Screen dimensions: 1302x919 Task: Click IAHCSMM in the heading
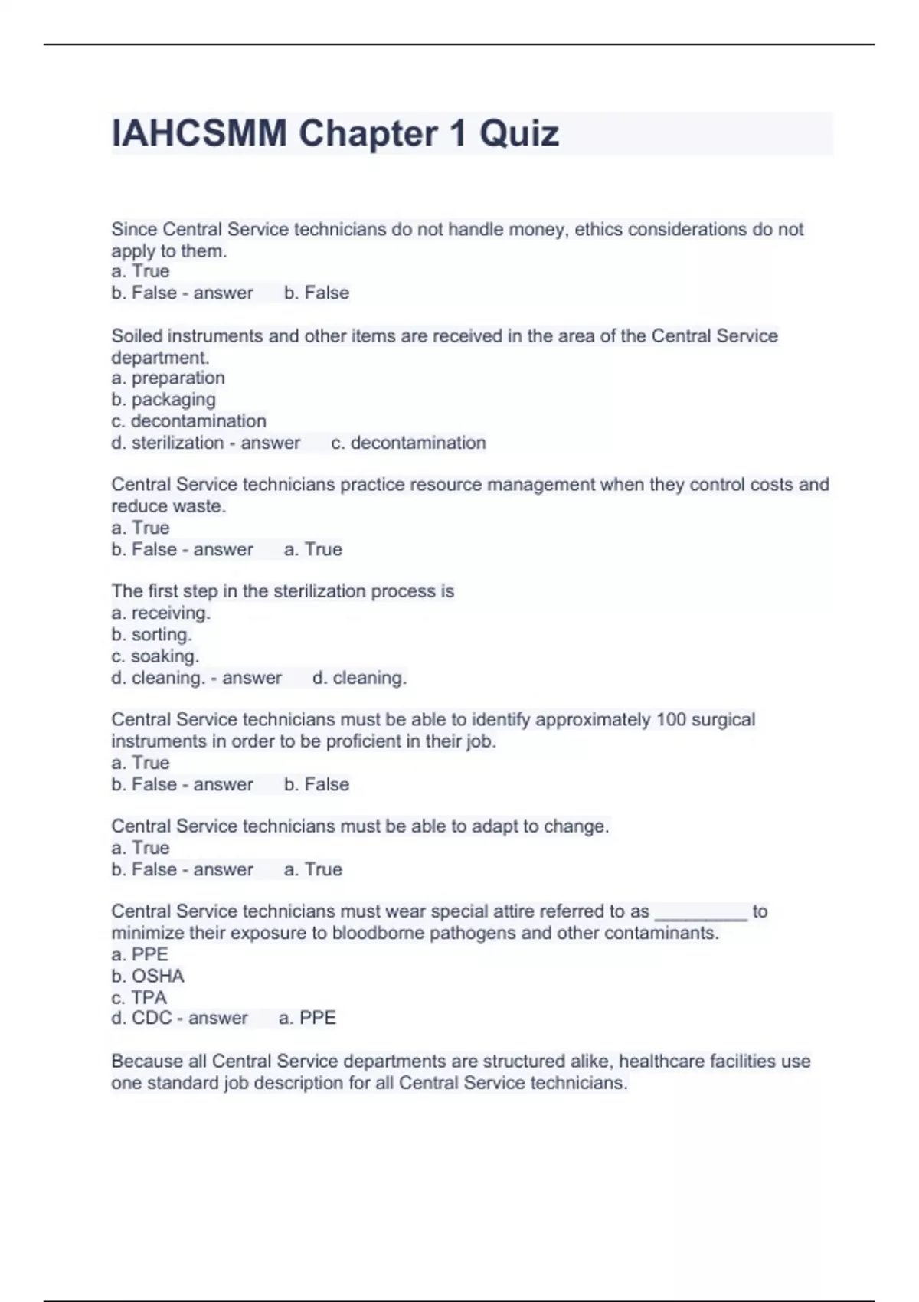(x=199, y=133)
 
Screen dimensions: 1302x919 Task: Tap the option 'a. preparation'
(x=168, y=378)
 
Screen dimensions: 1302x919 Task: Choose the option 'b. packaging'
(x=163, y=399)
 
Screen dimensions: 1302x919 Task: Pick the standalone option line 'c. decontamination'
(x=188, y=420)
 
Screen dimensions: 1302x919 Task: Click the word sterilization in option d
(x=177, y=443)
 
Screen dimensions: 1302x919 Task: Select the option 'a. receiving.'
(x=161, y=613)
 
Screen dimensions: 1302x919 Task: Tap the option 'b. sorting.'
(x=152, y=634)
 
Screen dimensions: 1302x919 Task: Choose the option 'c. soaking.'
(x=155, y=656)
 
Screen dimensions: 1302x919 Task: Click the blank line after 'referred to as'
(x=701, y=911)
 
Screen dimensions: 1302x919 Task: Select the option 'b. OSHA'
(x=148, y=976)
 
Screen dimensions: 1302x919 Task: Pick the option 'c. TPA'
(x=139, y=997)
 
